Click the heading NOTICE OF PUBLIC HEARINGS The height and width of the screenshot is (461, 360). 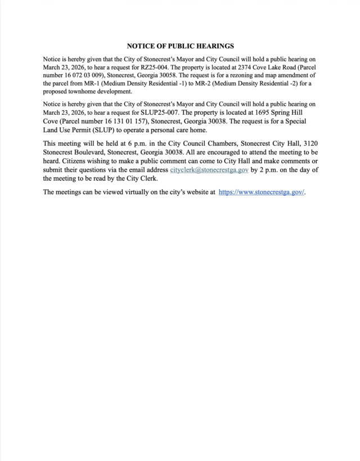(x=180, y=46)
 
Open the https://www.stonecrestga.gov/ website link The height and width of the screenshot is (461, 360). (x=261, y=192)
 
